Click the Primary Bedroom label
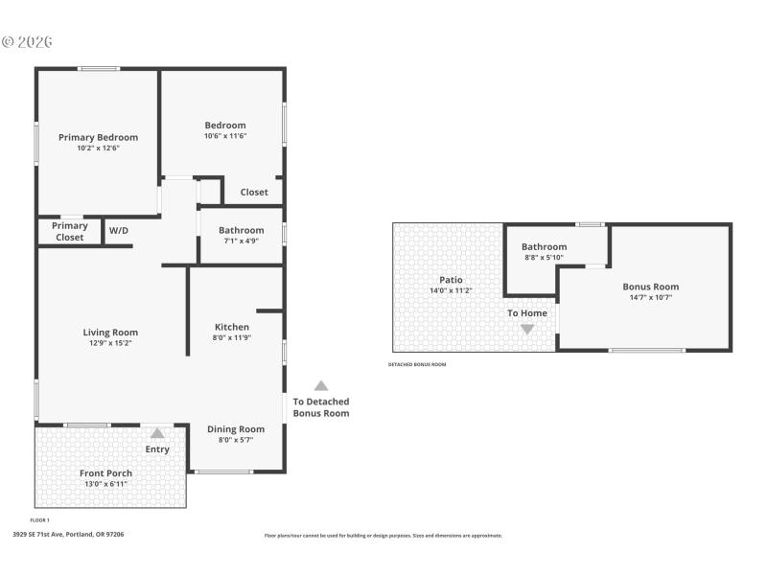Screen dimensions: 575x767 98,137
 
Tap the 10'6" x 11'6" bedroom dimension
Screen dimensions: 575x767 225,136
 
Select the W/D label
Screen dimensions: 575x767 119,231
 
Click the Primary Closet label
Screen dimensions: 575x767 70,231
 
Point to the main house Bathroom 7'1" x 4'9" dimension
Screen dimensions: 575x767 241,241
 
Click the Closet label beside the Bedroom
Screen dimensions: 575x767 254,193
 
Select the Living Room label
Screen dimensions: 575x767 111,333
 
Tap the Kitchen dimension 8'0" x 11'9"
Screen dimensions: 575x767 232,337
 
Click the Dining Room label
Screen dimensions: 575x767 236,429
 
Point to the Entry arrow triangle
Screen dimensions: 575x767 157,434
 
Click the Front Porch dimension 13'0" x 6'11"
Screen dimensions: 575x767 105,484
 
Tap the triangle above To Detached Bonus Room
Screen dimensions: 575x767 321,385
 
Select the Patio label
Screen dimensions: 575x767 451,280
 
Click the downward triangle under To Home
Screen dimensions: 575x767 526,329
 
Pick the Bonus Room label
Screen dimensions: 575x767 650,287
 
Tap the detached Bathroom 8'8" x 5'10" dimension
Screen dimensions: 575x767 544,257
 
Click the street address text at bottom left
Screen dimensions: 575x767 68,535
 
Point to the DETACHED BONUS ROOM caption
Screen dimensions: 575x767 417,365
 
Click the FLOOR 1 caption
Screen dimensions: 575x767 40,520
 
